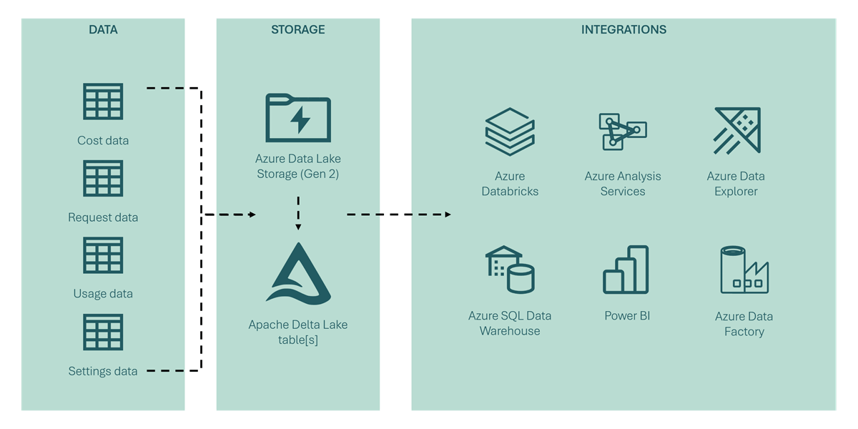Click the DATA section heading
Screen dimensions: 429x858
click(103, 30)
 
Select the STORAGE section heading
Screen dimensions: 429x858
click(297, 30)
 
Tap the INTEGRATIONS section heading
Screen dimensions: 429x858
click(623, 30)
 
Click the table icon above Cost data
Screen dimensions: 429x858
click(103, 102)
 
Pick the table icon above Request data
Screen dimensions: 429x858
click(103, 178)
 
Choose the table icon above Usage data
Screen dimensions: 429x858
click(103, 255)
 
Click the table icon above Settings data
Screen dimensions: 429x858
click(103, 332)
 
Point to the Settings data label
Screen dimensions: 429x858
click(103, 371)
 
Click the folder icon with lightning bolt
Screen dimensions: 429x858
click(298, 118)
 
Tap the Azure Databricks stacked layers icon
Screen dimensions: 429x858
click(510, 132)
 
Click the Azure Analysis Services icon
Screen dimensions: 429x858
click(622, 131)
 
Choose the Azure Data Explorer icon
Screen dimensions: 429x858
click(737, 130)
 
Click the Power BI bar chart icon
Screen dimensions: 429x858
click(626, 270)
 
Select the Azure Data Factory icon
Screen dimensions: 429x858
click(744, 270)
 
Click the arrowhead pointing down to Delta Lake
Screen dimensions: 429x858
click(298, 227)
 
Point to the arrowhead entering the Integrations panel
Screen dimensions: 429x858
click(448, 214)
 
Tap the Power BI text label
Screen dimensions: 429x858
click(627, 315)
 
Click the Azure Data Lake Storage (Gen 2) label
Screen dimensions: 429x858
click(298, 166)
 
